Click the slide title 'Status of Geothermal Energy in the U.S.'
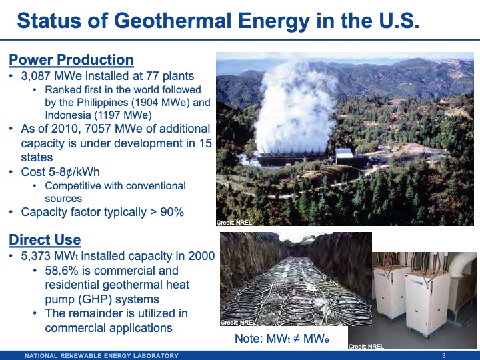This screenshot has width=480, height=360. coord(218,21)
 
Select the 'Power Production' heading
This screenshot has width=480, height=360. coord(71,60)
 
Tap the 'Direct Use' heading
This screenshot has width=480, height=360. coord(45,240)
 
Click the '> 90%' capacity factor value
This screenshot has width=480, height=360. coord(167,212)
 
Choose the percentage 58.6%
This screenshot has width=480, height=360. coord(65,271)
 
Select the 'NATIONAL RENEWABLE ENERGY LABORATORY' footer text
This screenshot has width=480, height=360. coord(101,355)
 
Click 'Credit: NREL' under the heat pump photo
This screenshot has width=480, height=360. coord(366,346)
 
